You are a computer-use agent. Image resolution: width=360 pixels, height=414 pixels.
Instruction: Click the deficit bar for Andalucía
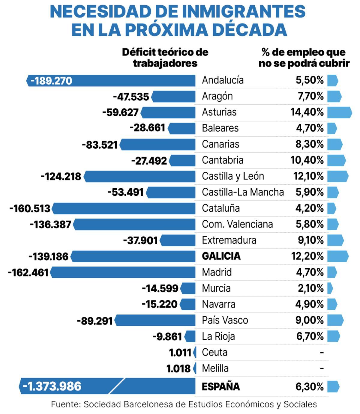(x=120, y=81)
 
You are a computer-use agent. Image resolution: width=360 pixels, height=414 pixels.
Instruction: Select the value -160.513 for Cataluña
(x=30, y=209)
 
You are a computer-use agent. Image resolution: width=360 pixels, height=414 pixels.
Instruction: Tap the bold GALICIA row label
(x=221, y=256)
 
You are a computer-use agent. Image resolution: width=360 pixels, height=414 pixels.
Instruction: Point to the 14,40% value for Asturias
(x=307, y=112)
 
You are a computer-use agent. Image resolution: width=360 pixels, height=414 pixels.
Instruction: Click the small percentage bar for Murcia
(x=330, y=288)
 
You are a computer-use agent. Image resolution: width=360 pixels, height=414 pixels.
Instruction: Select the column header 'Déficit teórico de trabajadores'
(x=165, y=58)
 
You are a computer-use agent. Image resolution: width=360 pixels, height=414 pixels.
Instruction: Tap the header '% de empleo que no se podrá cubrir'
(x=304, y=58)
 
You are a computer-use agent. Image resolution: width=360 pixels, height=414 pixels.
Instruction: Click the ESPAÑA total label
(x=220, y=387)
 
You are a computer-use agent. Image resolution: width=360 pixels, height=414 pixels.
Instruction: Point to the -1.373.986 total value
(x=52, y=386)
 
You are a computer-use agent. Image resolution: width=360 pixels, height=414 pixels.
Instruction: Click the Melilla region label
(x=215, y=368)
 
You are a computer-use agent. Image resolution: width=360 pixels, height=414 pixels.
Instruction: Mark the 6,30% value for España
(x=309, y=387)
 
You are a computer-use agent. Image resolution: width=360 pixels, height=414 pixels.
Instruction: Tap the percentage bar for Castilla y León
(x=337, y=176)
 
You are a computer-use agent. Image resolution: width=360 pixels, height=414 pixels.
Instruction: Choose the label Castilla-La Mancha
(x=243, y=192)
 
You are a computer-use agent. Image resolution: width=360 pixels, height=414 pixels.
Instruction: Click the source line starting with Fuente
(x=184, y=404)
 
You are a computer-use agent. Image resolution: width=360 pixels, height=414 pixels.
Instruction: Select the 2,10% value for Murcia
(x=310, y=288)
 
